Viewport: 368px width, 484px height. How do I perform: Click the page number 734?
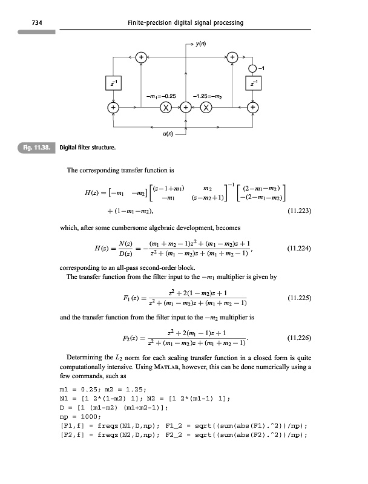click(x=26, y=23)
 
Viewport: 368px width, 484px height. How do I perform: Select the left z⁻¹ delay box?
click(x=113, y=82)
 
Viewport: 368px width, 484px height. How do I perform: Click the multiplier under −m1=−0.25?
click(x=164, y=108)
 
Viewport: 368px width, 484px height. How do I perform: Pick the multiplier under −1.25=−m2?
click(x=205, y=108)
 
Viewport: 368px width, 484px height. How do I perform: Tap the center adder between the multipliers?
click(x=185, y=108)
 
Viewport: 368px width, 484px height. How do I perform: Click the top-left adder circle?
click(x=140, y=57)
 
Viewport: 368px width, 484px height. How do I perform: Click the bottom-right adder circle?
click(x=253, y=108)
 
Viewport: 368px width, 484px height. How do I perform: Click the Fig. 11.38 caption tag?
click(x=36, y=147)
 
